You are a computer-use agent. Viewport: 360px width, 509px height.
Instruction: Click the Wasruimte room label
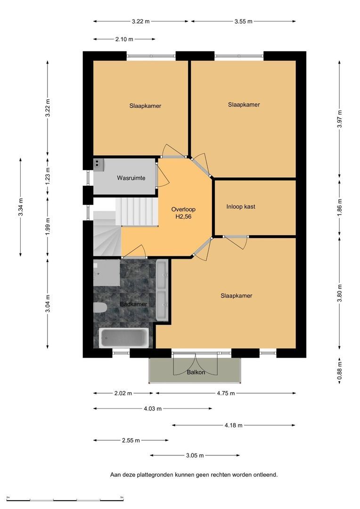coord(131,178)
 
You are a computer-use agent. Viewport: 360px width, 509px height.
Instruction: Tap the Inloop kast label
coord(241,206)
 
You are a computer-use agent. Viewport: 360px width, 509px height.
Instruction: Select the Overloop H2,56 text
coord(183,213)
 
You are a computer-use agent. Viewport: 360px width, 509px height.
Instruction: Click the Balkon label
coord(196,372)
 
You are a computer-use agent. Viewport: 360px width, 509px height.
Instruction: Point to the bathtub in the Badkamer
coord(123,338)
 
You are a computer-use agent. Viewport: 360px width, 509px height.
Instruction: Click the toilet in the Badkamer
coord(100,308)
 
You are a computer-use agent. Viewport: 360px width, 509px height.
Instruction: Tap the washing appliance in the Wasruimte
coord(98,164)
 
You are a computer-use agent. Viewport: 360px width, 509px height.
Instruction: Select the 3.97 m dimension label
coord(340,119)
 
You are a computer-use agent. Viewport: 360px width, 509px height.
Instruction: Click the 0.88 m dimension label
coord(340,371)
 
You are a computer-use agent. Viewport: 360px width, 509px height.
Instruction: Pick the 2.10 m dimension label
coord(124,39)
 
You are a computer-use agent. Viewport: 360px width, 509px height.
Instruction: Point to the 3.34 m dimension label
coord(21,207)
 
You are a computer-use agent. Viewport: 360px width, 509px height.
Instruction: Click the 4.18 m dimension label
coord(233,425)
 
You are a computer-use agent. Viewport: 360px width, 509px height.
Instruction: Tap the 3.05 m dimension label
coord(195,455)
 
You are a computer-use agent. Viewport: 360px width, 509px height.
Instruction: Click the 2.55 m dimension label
coord(131,441)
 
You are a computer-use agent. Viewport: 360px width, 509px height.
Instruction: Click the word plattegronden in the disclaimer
coord(155,475)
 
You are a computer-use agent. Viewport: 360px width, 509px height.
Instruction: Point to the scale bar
coord(65,500)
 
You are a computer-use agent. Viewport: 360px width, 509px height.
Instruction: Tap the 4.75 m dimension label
coord(226,394)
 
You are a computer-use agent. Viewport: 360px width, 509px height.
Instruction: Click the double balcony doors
coord(195,363)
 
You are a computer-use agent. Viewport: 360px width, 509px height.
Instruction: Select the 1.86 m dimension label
coord(340,207)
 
